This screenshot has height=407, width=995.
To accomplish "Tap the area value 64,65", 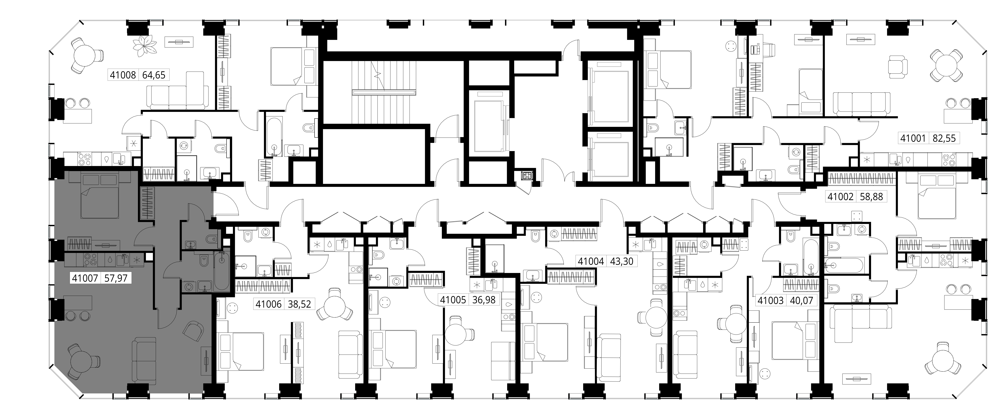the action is pos(154,75).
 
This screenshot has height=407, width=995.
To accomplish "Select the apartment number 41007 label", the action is pos(85,278).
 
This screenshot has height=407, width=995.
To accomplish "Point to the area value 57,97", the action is pos(116,278).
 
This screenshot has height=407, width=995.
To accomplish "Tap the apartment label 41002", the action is pos(840,197).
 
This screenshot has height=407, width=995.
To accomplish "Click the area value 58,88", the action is pos(871,197).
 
